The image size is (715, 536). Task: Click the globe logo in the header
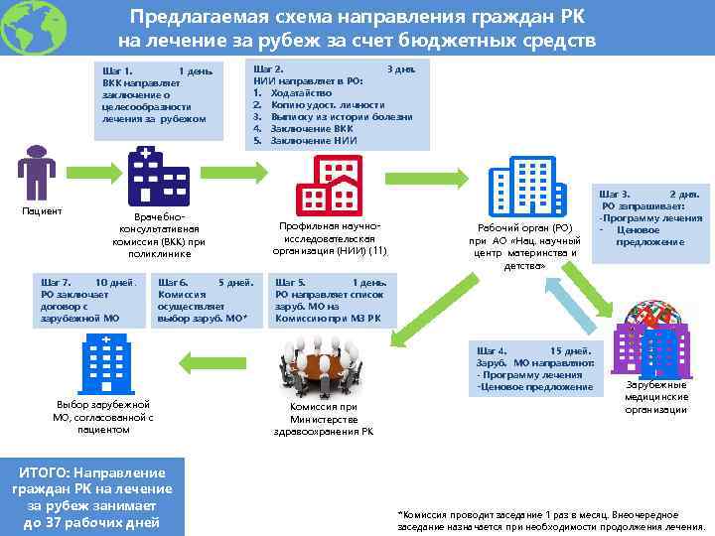(x=33, y=27)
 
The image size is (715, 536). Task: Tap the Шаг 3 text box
(x=650, y=217)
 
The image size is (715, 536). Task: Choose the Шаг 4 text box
(x=535, y=368)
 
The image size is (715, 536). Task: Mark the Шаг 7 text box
(x=87, y=301)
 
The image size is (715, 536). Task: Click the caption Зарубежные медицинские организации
(x=655, y=397)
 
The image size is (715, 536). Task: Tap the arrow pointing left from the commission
(x=217, y=359)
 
